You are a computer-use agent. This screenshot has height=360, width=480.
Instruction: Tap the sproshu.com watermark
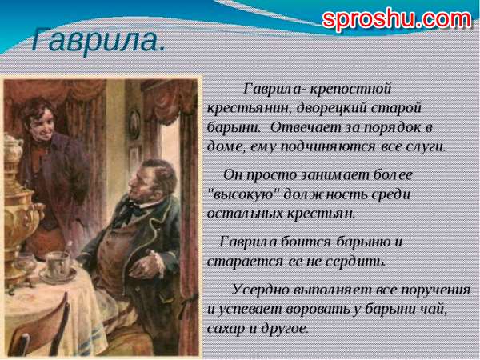pos(397,20)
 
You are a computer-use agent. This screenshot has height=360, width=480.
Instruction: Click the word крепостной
pos(351,89)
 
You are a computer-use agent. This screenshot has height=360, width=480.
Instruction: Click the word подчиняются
pos(327,147)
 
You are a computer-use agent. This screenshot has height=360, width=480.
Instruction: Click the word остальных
pos(246,214)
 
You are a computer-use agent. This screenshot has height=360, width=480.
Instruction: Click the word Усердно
pos(259,290)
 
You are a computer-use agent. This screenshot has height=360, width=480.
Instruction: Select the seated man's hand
pos(150,262)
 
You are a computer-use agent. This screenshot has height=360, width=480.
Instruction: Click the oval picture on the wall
pos(134,124)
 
